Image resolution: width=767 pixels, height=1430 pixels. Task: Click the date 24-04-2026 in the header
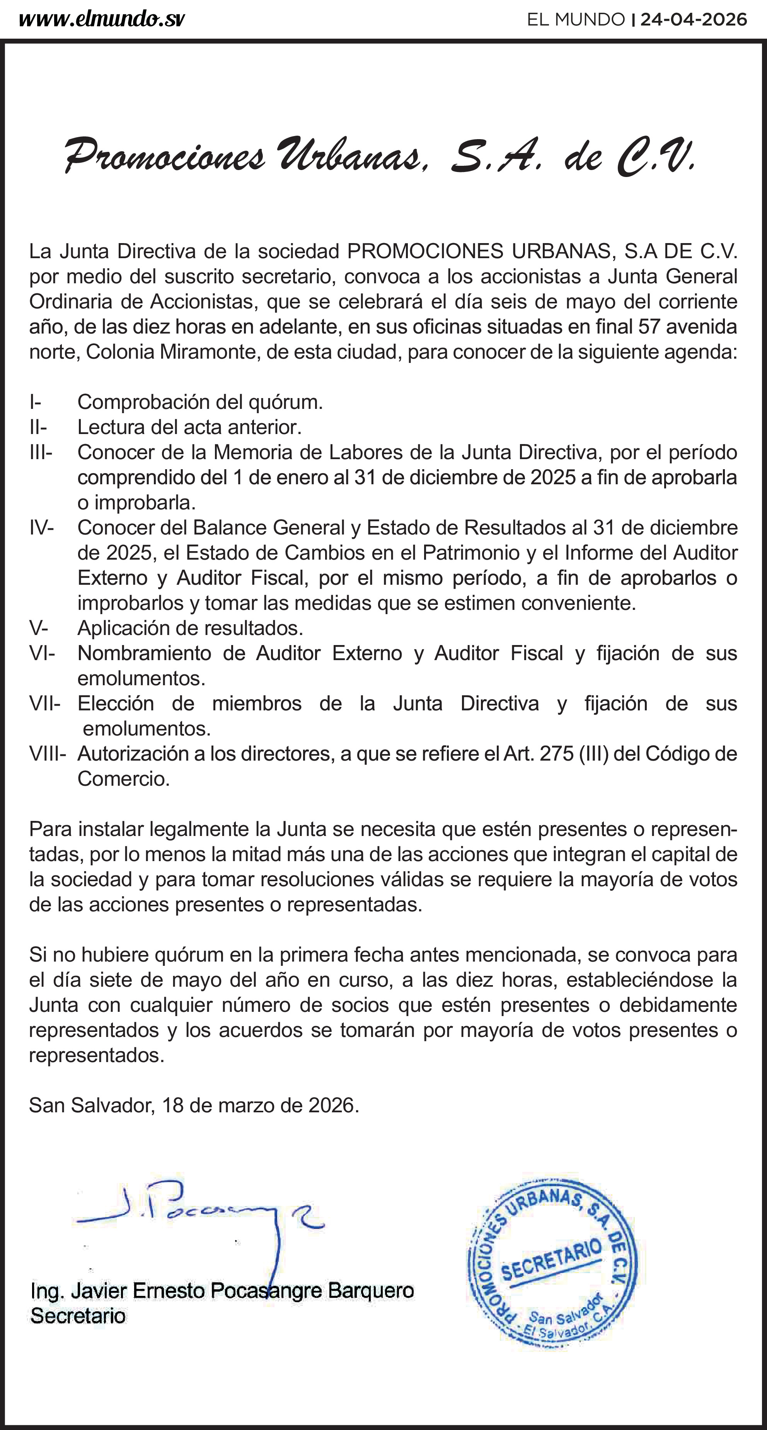[694, 20]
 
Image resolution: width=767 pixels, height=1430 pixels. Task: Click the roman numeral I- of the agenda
[36, 402]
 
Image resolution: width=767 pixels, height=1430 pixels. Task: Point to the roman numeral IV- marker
[42, 528]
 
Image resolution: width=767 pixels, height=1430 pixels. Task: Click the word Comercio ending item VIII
[123, 779]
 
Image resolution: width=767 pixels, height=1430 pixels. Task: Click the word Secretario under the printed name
[78, 1316]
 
